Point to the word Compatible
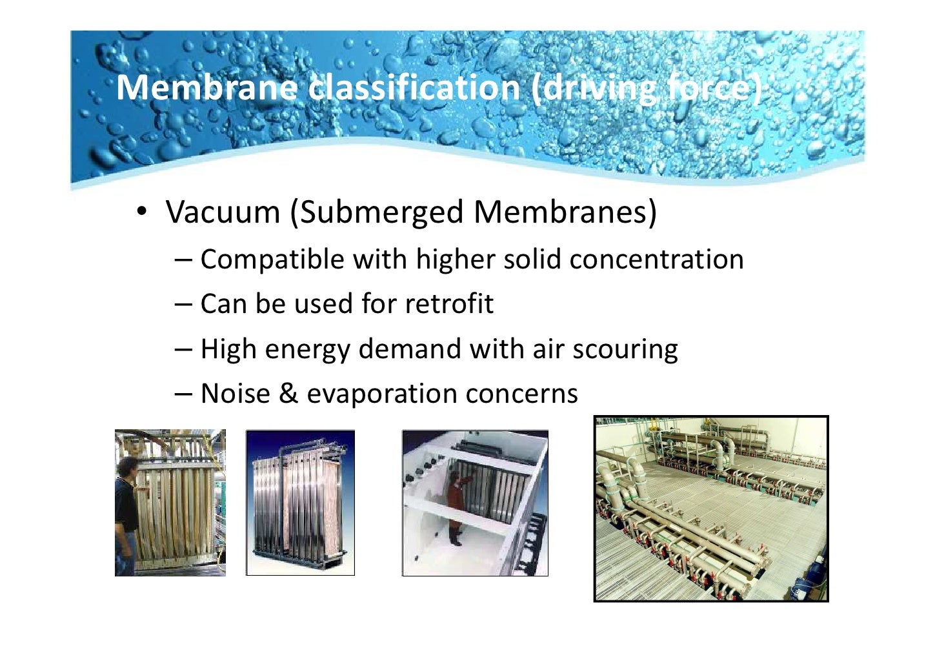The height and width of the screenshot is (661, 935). [272, 259]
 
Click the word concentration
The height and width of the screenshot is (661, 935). [656, 259]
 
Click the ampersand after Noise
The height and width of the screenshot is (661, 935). [288, 394]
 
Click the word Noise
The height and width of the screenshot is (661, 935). [235, 394]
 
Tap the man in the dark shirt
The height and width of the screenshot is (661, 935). [126, 516]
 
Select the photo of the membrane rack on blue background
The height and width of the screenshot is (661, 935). [300, 503]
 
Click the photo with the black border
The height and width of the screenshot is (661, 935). [710, 509]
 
